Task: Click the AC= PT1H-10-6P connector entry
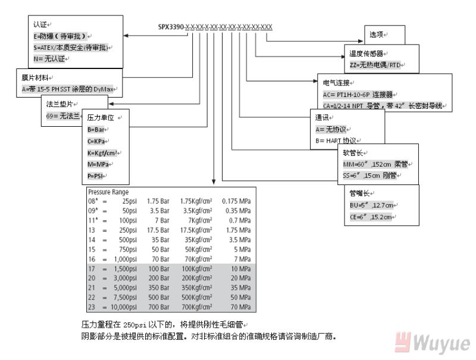tap(358, 94)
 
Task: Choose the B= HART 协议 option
tap(336, 140)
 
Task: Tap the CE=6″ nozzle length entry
tap(372, 217)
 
